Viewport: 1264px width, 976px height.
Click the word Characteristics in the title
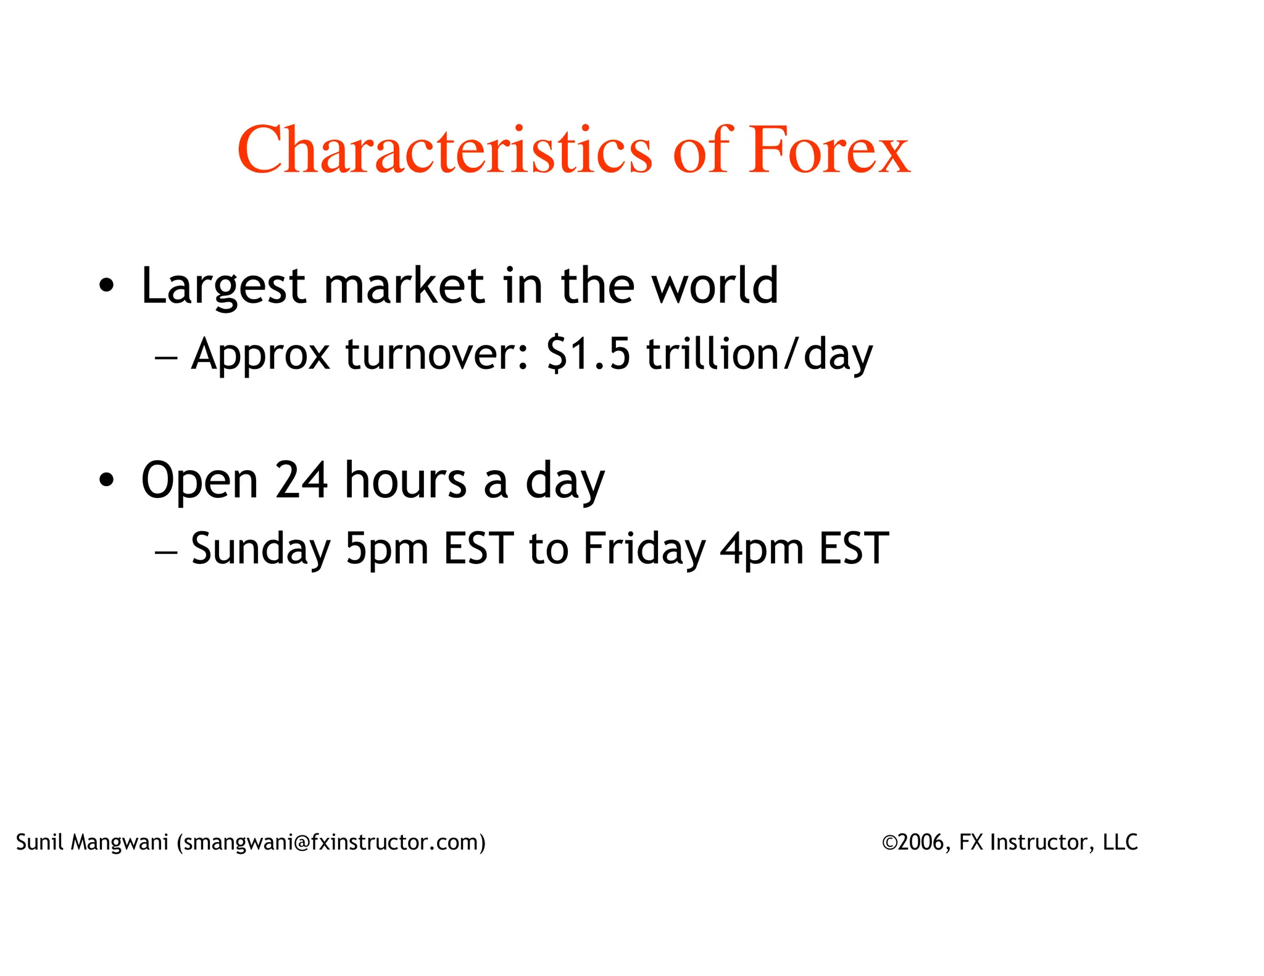pyautogui.click(x=444, y=150)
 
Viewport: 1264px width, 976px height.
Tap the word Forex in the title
pyautogui.click(x=829, y=150)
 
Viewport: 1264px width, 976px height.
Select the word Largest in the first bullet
pyautogui.click(x=223, y=286)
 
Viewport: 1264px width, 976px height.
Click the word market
pyautogui.click(x=404, y=286)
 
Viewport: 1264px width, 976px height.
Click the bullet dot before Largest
pyautogui.click(x=106, y=286)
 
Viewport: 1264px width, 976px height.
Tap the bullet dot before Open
pyautogui.click(x=106, y=481)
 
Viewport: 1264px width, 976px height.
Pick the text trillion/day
pyautogui.click(x=759, y=355)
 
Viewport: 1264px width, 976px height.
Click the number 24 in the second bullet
pyautogui.click(x=301, y=481)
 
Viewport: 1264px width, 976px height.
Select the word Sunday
pyautogui.click(x=260, y=549)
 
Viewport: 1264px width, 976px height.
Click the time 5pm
pyautogui.click(x=386, y=549)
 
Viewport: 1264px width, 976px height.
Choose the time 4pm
pyautogui.click(x=762, y=549)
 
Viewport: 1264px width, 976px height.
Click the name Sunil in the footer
pyautogui.click(x=39, y=842)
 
